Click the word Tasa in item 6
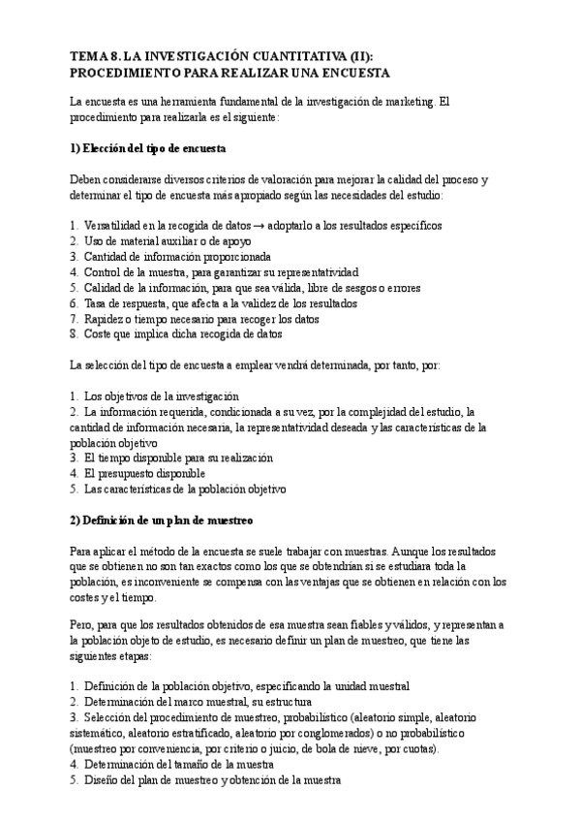97,303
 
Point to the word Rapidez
106,319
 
